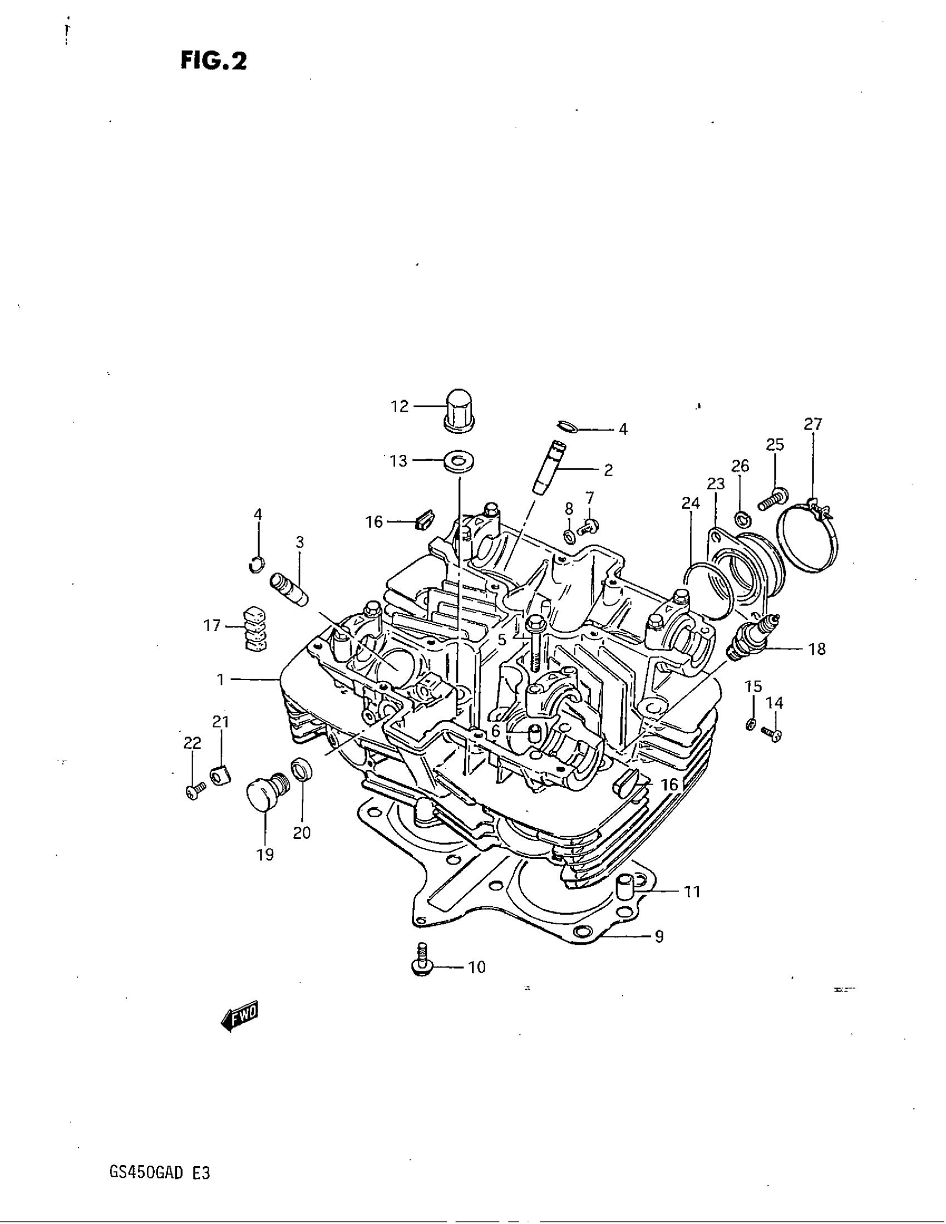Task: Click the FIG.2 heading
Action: [x=214, y=61]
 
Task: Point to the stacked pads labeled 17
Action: [x=255, y=628]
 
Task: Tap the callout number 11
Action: [x=693, y=891]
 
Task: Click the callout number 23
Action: [x=716, y=483]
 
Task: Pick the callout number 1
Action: [x=220, y=680]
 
